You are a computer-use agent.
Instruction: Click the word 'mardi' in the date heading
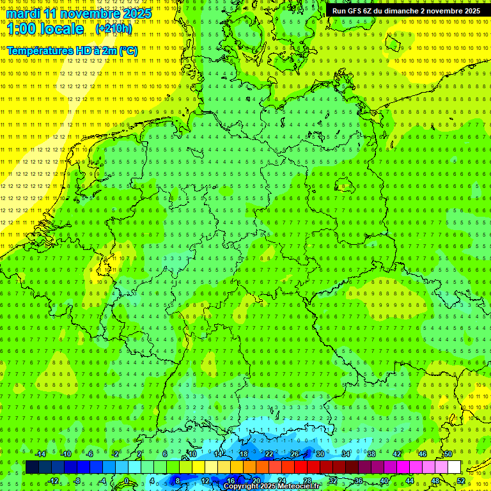point(23,13)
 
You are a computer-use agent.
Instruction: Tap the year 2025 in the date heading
point(137,13)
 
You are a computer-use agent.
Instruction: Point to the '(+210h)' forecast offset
point(113,29)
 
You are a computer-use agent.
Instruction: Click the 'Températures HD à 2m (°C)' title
point(72,51)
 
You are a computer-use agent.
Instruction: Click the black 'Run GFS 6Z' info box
point(407,11)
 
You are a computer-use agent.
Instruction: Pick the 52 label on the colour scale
point(461,480)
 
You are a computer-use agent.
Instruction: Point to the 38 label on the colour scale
point(371,454)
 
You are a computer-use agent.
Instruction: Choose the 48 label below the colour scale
point(435,480)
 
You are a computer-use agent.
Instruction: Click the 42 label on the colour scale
point(396,454)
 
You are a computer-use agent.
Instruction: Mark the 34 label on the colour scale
point(345,454)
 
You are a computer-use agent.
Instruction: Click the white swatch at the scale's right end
point(454,467)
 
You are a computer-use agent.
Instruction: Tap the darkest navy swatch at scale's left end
point(32,467)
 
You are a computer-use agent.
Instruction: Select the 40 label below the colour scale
point(384,480)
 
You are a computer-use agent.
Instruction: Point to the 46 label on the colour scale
point(422,454)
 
